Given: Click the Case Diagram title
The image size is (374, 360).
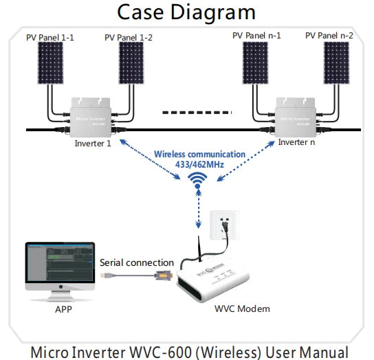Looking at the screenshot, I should point(186,12).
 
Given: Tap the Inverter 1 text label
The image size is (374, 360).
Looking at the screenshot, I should point(93,144).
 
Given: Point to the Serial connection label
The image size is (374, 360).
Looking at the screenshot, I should point(136,262).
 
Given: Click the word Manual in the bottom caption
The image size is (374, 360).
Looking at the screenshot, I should point(325,350).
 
